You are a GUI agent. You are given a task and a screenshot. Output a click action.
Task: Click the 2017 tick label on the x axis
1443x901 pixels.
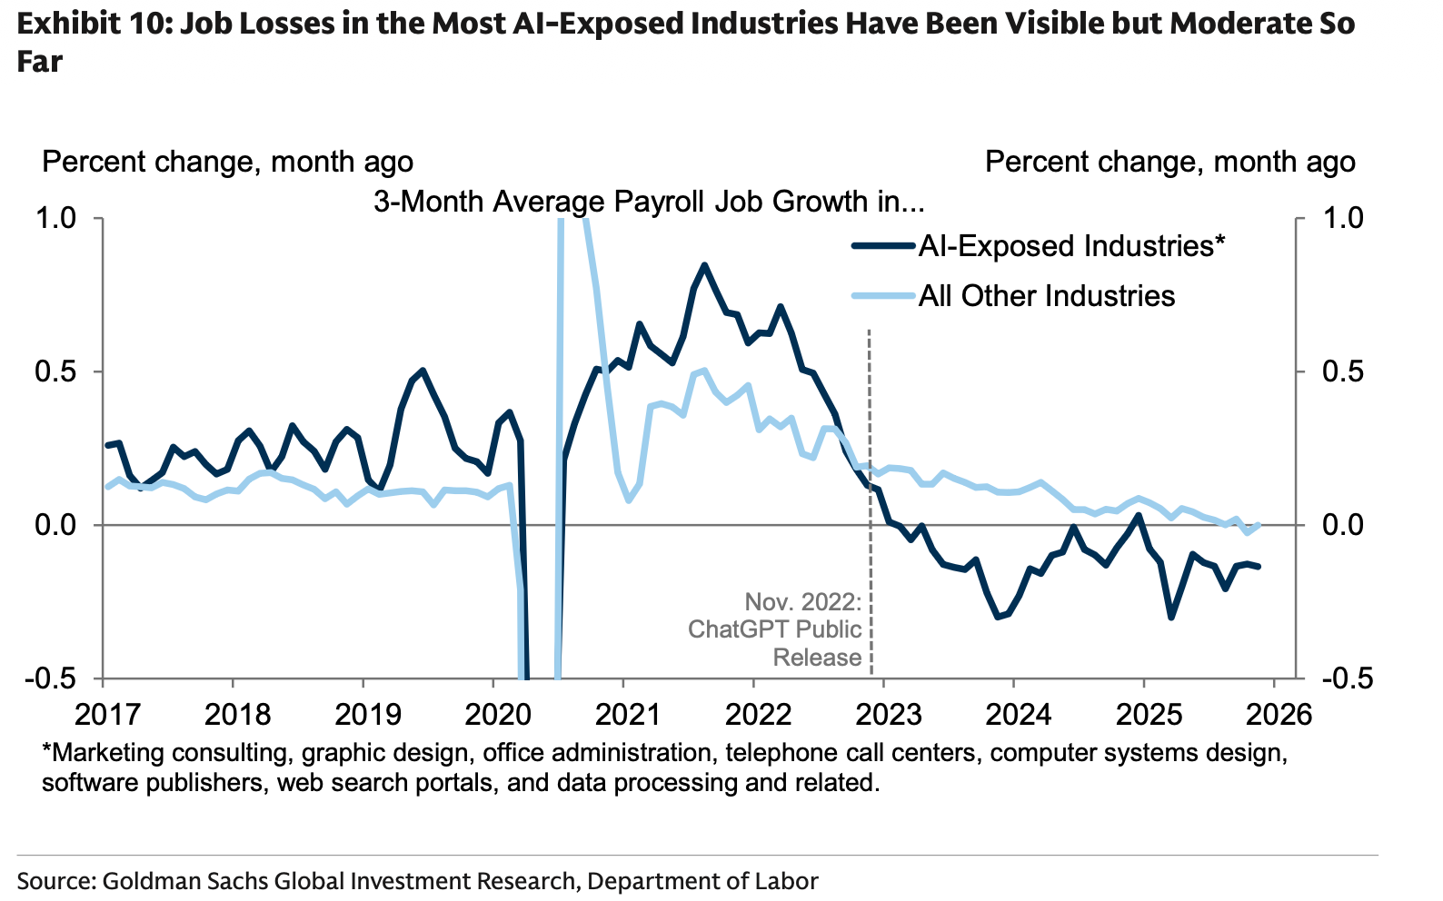tap(108, 714)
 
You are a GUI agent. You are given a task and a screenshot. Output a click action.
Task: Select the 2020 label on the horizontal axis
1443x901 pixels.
tap(498, 714)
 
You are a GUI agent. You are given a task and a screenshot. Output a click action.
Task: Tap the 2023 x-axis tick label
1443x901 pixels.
tap(888, 714)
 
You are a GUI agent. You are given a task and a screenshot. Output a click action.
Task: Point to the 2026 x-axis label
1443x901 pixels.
tap(1279, 714)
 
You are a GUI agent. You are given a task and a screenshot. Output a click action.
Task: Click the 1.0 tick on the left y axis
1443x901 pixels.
tap(57, 219)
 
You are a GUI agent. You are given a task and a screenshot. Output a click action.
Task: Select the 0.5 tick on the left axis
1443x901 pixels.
tap(57, 372)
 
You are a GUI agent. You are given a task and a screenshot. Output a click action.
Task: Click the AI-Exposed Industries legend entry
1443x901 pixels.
tap(1071, 246)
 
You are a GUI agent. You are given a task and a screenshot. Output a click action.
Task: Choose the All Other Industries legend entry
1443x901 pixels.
tap(1046, 296)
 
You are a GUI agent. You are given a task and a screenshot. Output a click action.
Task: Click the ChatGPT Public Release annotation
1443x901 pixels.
tap(774, 629)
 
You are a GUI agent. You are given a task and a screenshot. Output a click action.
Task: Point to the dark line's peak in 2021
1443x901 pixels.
tap(704, 265)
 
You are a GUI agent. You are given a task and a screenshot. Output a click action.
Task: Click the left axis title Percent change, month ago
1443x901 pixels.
tap(227, 163)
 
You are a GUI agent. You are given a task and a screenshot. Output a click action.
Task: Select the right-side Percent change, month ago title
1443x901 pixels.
tap(1169, 163)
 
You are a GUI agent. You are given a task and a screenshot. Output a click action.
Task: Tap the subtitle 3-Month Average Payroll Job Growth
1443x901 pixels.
tap(648, 202)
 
